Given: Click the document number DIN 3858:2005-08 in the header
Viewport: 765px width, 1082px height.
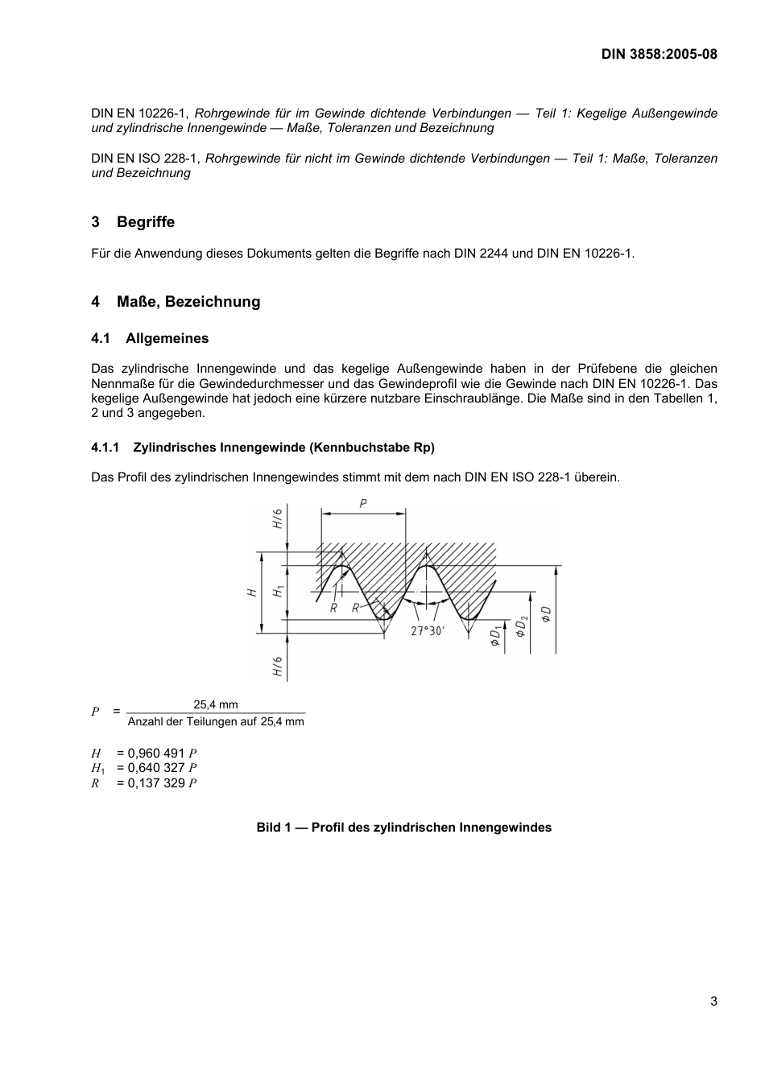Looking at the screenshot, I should (x=659, y=54).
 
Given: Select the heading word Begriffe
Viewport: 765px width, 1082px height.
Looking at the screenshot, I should (x=145, y=222).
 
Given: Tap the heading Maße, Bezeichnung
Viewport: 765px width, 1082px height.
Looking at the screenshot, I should (x=188, y=302).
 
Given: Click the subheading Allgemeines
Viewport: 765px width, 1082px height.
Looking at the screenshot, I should (x=167, y=339).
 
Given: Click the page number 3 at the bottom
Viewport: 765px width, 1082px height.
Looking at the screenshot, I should (x=713, y=1001).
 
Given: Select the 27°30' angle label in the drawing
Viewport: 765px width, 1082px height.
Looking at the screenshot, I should (x=427, y=631).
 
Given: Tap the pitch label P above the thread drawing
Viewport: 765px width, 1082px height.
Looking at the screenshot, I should (x=363, y=503).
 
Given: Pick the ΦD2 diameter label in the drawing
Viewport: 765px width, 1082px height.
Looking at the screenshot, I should (x=521, y=626).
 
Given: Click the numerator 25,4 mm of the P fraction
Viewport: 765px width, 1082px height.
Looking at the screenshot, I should (x=215, y=704).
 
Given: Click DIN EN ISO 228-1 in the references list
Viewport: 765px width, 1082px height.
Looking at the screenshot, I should (x=145, y=159).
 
